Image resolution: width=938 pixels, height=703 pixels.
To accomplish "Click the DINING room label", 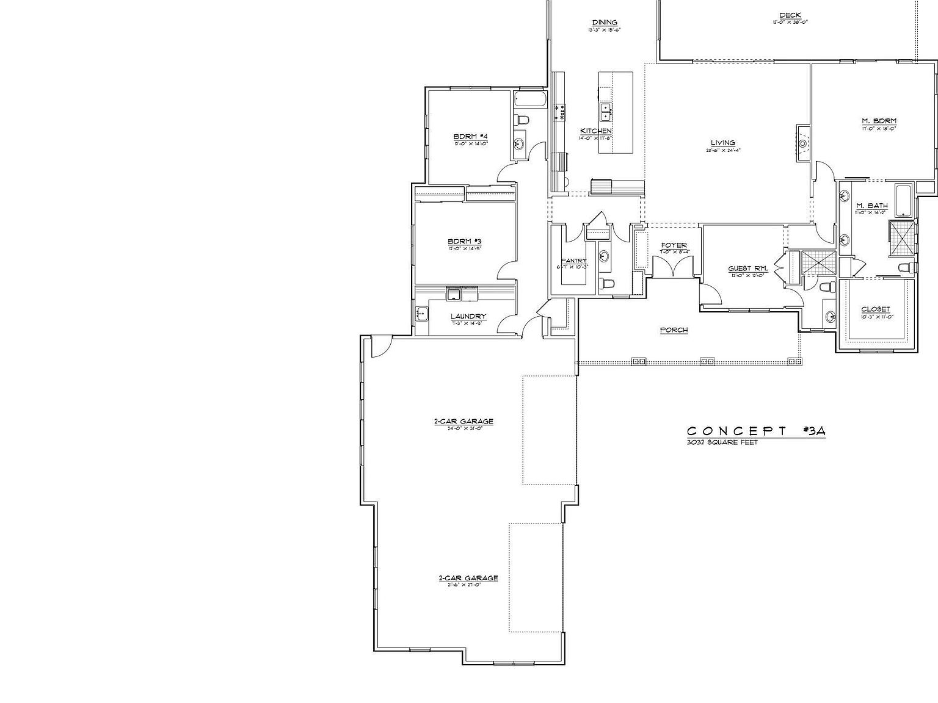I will [605, 23].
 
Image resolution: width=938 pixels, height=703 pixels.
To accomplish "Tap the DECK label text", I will [790, 15].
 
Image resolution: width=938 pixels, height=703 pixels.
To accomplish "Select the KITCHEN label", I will [595, 131].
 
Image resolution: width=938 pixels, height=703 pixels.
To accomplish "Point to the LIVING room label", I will [722, 143].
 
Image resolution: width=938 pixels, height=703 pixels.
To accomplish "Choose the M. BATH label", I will [871, 206].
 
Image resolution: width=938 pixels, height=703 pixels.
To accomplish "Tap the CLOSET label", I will [875, 309].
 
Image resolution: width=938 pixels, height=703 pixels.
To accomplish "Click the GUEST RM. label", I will [747, 269].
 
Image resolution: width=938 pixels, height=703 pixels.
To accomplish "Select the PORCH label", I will [674, 330].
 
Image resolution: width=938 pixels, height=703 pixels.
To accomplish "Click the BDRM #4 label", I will [470, 136].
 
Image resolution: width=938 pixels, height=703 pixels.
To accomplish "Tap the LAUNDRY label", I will [468, 316].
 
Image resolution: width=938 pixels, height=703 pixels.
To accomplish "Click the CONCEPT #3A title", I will [756, 431].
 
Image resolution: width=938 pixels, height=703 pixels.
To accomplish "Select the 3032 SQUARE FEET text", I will [722, 442].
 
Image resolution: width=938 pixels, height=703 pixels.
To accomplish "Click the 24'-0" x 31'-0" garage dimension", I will [463, 428].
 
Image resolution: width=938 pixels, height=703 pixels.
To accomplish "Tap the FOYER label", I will [674, 245].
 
